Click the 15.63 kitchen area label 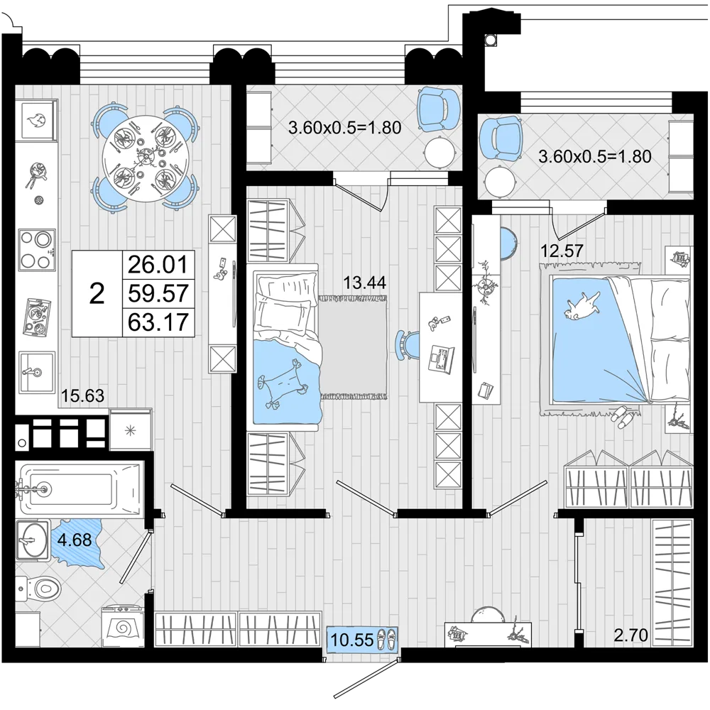(x=82, y=395)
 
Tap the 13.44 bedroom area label (x=364, y=283)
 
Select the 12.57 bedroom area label (x=562, y=251)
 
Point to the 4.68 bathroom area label (x=75, y=540)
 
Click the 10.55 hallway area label (x=352, y=640)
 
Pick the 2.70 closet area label (x=630, y=635)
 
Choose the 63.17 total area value (x=158, y=322)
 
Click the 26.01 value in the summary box (x=158, y=264)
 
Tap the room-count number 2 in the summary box (x=97, y=294)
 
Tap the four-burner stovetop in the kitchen (x=37, y=249)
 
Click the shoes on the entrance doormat (x=386, y=640)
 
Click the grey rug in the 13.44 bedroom (x=354, y=347)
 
